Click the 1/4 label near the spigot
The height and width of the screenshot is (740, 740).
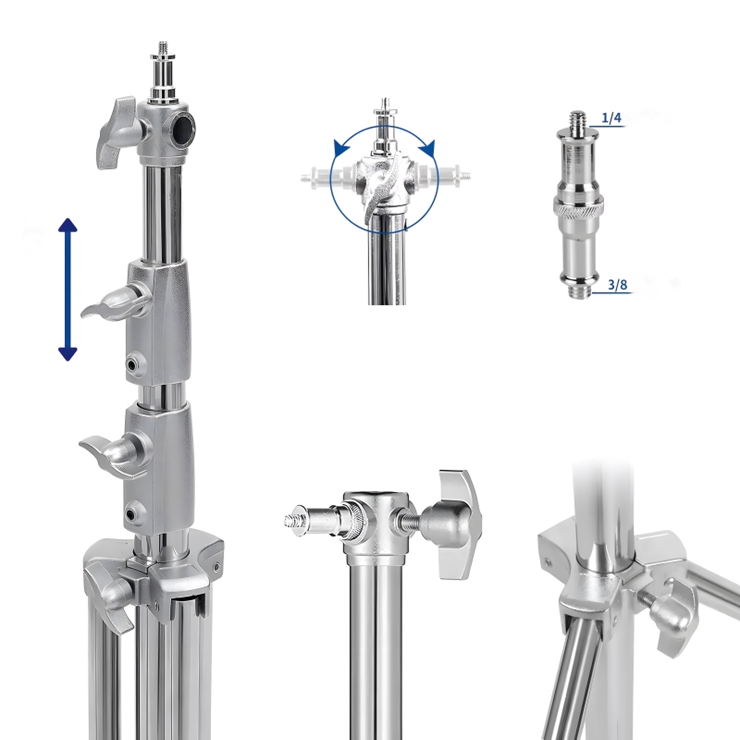coord(611,118)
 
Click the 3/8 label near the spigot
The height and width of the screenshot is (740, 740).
coord(617,285)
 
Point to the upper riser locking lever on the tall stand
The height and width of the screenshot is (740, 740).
coord(116,302)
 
